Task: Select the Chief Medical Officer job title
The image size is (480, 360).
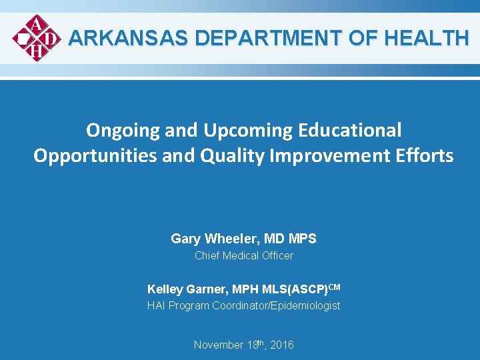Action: click(243, 255)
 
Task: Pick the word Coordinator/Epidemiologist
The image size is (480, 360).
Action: click(276, 306)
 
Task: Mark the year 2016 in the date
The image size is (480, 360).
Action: click(281, 345)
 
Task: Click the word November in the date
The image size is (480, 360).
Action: click(219, 345)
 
